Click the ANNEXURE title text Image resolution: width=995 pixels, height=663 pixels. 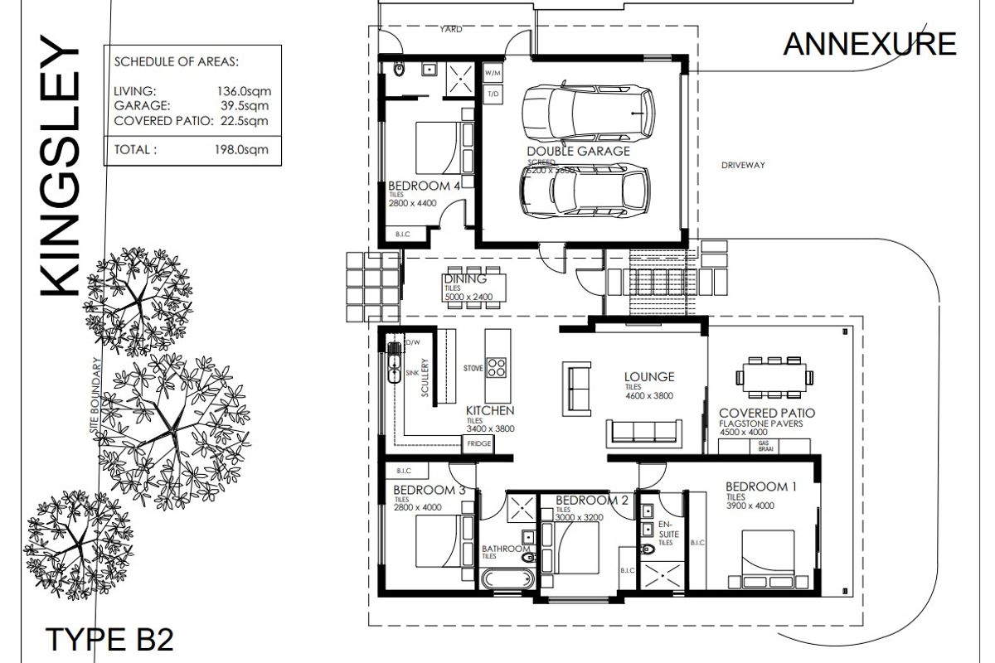point(869,43)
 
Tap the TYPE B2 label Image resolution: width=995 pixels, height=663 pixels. point(109,641)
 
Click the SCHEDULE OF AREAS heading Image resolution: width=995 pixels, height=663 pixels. point(177,61)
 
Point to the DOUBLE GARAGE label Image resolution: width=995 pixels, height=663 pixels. point(578,151)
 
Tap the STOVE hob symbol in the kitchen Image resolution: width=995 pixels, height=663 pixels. point(497,367)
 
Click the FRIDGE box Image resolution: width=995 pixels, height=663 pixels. point(479,444)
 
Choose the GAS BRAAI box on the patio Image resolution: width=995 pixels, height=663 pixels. point(764,446)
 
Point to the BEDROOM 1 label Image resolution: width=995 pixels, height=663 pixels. point(760,486)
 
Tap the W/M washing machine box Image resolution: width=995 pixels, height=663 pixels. point(494,73)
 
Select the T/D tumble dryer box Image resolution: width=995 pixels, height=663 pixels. point(494,94)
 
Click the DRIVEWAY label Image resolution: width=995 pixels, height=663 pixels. point(742,165)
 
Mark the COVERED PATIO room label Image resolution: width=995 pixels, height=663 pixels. point(766,413)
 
